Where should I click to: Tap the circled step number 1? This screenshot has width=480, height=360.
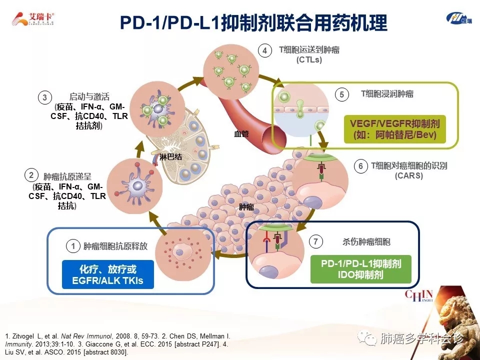click(73, 246)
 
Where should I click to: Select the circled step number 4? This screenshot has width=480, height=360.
click(264, 50)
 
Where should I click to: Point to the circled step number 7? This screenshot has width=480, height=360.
click(315, 242)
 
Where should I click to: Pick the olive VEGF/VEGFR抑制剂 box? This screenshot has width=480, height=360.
click(395, 129)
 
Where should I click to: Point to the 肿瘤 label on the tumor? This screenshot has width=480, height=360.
click(246, 206)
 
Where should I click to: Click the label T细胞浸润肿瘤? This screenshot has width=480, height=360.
click(387, 93)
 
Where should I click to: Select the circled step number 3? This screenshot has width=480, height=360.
click(45, 97)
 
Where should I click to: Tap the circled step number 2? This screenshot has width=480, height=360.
click(31, 175)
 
